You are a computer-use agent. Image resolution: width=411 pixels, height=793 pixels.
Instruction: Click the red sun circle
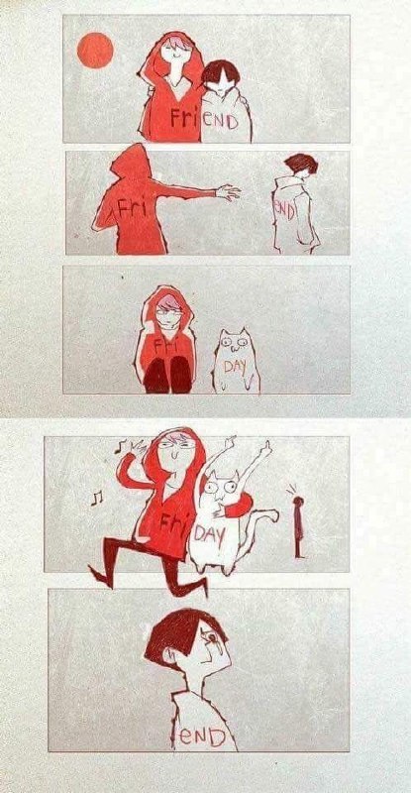[95, 51]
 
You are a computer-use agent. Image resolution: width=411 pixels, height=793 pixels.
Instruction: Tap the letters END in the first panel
[220, 121]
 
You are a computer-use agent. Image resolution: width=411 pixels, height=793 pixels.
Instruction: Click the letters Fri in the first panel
[185, 117]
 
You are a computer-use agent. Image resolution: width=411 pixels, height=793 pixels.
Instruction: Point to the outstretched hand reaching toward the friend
[228, 192]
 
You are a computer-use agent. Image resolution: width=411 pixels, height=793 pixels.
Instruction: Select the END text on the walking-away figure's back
[284, 212]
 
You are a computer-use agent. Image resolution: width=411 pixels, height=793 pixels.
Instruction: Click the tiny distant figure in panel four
[299, 526]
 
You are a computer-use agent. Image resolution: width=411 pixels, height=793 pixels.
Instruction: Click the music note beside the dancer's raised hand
[119, 446]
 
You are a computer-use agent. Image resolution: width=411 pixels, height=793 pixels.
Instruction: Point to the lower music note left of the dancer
[96, 499]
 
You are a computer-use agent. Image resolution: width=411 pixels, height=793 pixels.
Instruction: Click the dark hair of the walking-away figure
[301, 163]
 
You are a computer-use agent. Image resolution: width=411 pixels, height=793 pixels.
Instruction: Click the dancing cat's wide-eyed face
[224, 488]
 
